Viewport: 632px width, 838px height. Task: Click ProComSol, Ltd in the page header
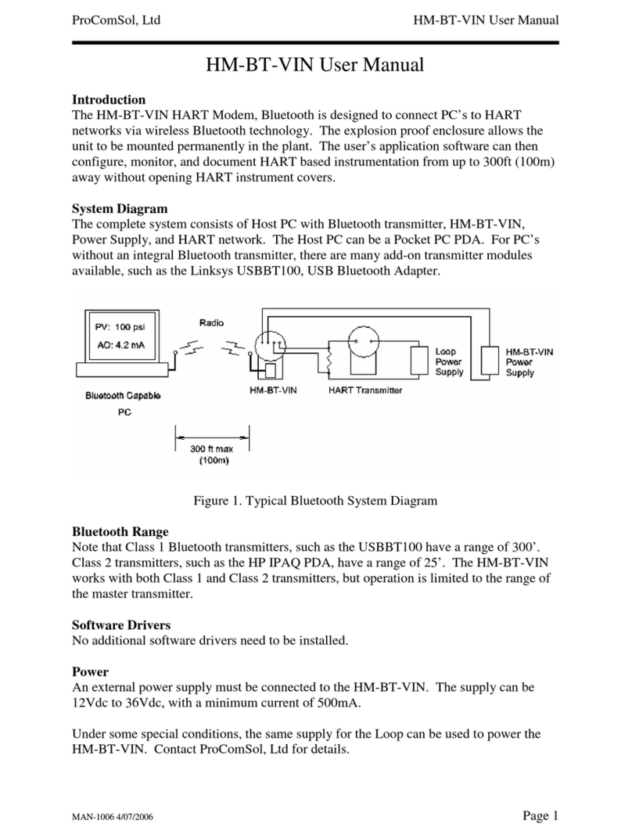117,20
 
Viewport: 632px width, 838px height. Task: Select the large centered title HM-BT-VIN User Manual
315,64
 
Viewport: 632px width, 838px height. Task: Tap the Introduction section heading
109,100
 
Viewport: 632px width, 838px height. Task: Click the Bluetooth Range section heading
120,532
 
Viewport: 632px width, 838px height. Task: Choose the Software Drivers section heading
121,624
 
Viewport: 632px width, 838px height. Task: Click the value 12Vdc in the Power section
91,703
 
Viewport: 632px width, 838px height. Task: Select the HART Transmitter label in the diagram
365,390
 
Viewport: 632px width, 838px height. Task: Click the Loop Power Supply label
449,362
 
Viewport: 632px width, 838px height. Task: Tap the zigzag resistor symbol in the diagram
330,361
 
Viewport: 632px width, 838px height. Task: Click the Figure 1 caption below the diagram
315,500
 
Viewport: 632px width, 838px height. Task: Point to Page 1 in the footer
540,816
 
